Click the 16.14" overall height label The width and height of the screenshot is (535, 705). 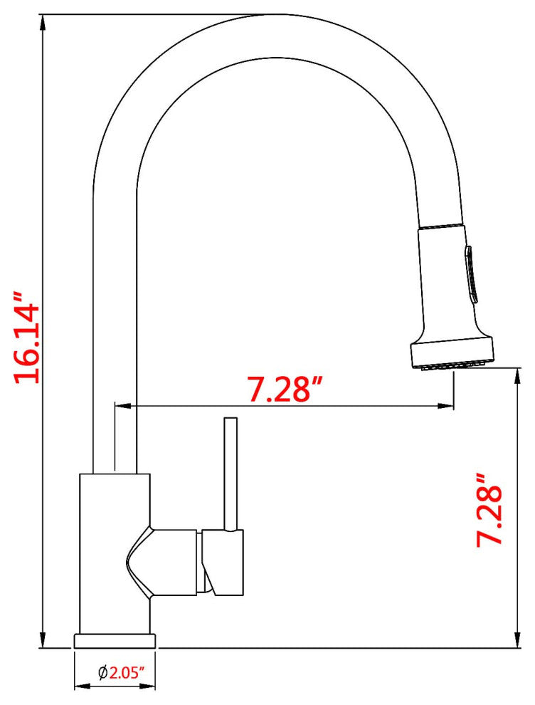(28, 335)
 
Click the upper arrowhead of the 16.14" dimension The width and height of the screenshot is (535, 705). (44, 21)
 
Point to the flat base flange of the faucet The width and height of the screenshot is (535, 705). (115, 640)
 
